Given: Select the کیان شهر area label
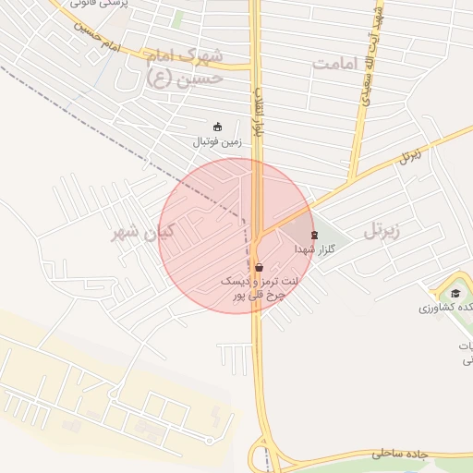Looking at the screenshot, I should pos(140,233).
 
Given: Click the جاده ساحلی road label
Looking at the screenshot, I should pos(403,455).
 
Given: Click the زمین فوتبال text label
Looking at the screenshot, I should pos(216,142).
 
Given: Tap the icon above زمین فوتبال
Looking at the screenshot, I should pos(217,127).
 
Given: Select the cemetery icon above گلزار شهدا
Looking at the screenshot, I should pos(314,236).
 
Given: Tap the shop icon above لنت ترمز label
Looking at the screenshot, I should pos(259,267).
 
